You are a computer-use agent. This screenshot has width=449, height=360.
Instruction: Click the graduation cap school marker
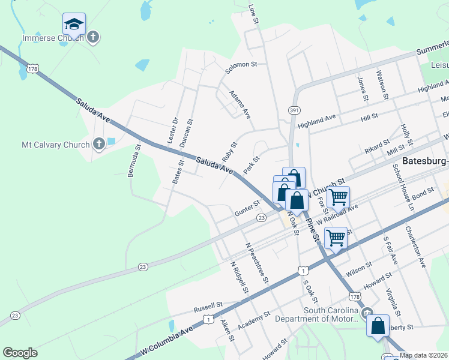click(x=74, y=25)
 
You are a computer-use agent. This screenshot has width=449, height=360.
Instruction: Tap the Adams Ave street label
click(x=240, y=104)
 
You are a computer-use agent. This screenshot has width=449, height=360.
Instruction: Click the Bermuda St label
click(x=138, y=161)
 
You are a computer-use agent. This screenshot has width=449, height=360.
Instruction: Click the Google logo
click(x=20, y=353)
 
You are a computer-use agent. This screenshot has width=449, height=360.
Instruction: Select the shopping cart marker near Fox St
click(x=339, y=196)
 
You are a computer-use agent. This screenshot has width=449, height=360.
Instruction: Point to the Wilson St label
click(x=377, y=260)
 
